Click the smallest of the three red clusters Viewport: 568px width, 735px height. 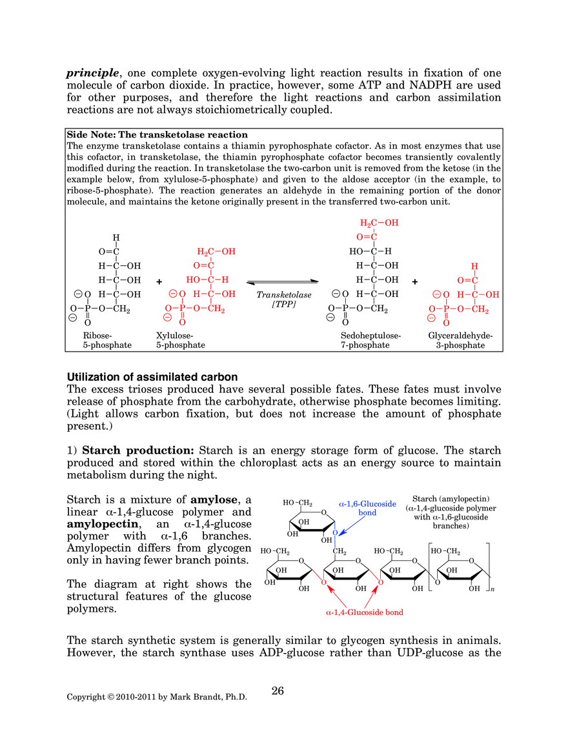pos(377,228)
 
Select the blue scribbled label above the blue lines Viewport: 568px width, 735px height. pos(367,504)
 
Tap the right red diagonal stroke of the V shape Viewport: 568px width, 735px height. pos(374,583)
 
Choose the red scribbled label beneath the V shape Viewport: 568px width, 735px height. pos(366,613)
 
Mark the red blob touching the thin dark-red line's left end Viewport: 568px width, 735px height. pos(182,321)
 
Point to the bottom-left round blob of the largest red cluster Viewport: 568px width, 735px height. pos(167,316)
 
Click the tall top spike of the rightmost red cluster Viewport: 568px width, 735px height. pos(475,267)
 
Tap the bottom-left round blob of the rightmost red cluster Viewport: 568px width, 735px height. pos(431,316)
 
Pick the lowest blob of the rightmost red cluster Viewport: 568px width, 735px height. pos(446,323)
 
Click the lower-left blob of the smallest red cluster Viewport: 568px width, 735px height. pos(365,237)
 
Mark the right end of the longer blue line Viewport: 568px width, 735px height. pos(427,539)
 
